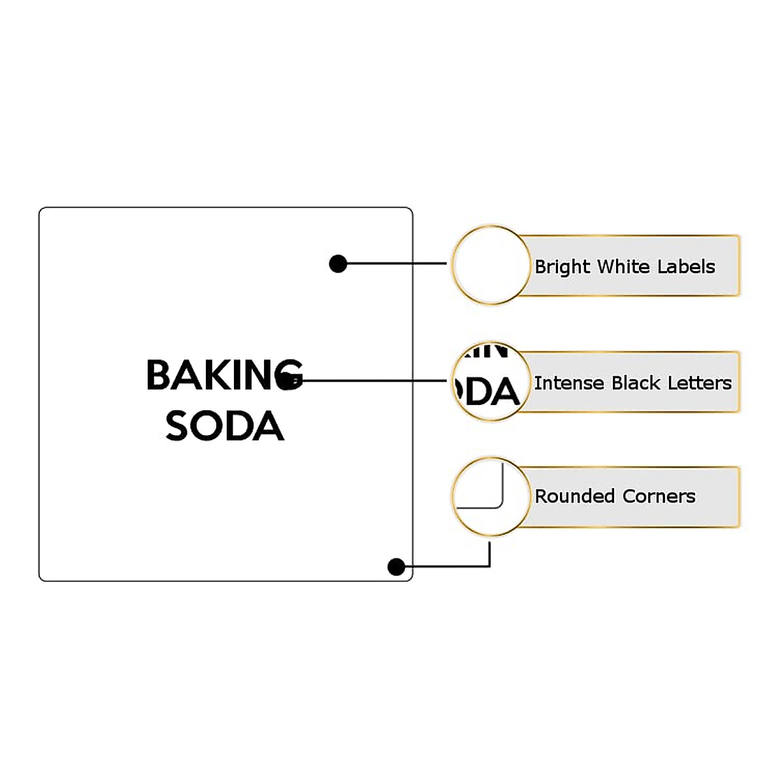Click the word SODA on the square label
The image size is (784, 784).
click(224, 426)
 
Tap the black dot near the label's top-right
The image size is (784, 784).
click(338, 264)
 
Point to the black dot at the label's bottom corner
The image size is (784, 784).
click(396, 566)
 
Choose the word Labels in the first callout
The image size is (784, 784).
click(686, 267)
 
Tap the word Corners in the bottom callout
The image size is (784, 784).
click(659, 497)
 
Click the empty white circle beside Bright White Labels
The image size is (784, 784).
click(491, 265)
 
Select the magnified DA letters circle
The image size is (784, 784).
click(491, 382)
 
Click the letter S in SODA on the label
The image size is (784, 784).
click(178, 427)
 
